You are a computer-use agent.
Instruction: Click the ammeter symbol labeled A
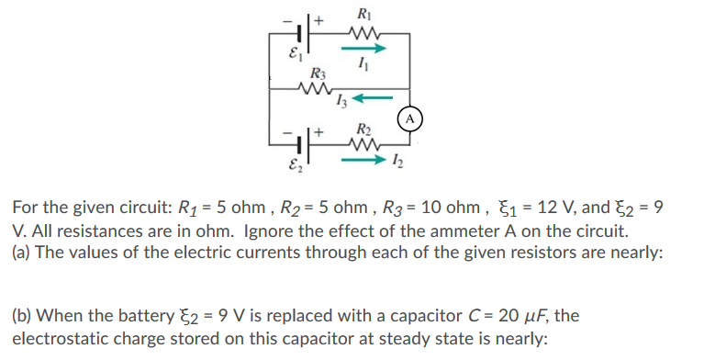(410, 118)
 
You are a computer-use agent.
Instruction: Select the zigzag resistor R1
(365, 36)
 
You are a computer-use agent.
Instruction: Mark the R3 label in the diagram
(317, 72)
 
